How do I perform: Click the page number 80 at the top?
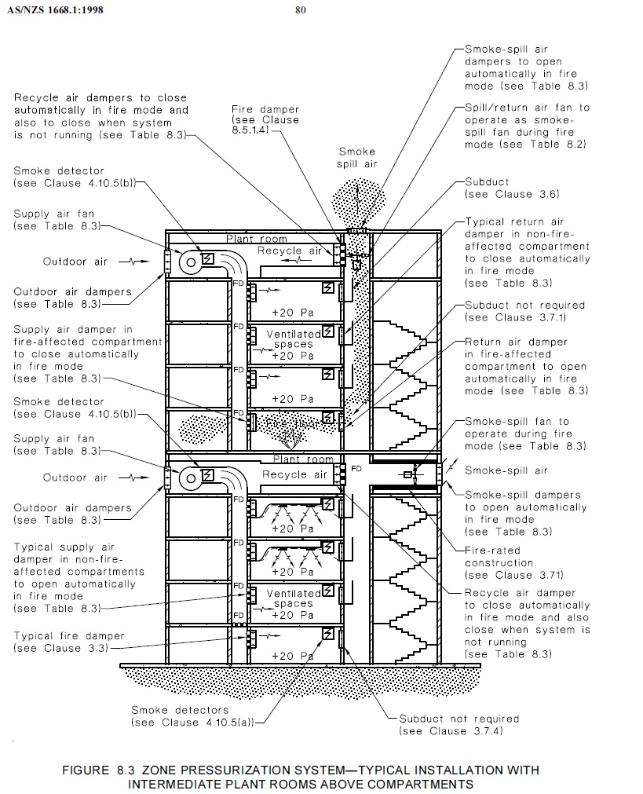(x=301, y=10)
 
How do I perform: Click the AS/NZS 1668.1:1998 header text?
(x=54, y=10)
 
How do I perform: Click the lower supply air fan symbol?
(x=191, y=477)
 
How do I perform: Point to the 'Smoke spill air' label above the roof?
(x=357, y=157)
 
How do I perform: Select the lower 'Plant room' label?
(x=302, y=459)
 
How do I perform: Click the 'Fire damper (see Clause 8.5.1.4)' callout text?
(x=265, y=121)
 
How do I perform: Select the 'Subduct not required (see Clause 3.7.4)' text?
(x=459, y=724)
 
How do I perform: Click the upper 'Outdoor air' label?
(x=75, y=261)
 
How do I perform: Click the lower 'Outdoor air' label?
(x=75, y=477)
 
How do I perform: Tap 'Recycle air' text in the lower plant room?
(x=294, y=475)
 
